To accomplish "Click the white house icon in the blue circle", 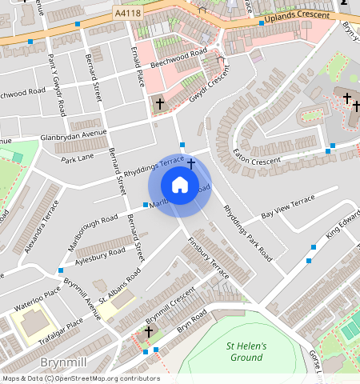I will click(x=180, y=186).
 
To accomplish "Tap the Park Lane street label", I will click(x=78, y=158).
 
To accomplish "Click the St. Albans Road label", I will click(x=120, y=286).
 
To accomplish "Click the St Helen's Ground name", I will click(x=246, y=351).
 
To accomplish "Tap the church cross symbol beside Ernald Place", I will click(x=159, y=103).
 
